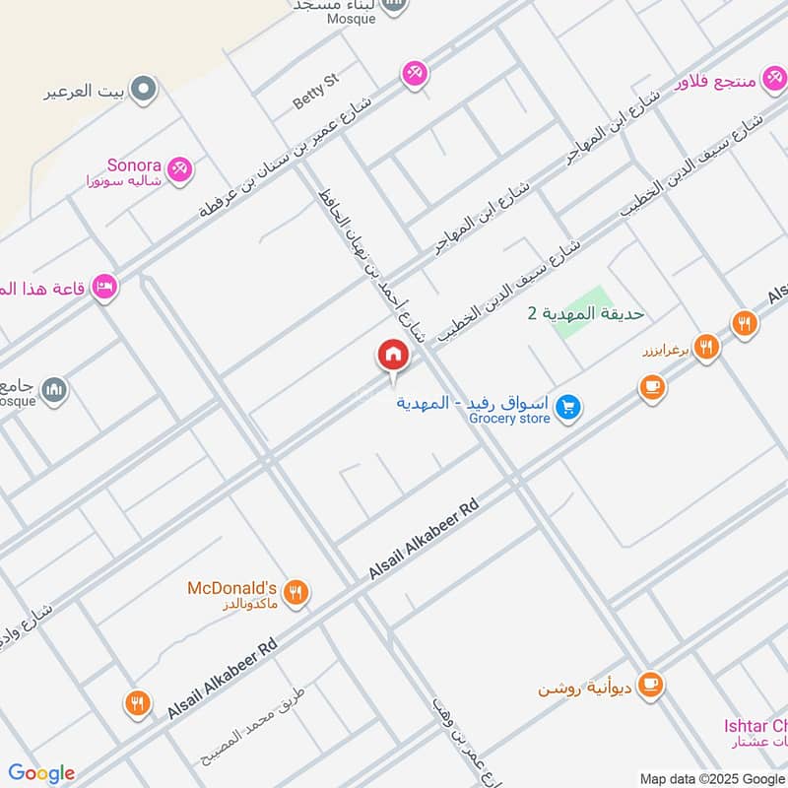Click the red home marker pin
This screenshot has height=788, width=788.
(x=392, y=356)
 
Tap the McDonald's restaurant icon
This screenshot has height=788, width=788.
(x=295, y=592)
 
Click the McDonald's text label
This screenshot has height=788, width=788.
(x=232, y=588)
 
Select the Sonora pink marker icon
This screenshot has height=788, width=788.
(x=179, y=169)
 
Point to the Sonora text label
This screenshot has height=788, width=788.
(x=135, y=164)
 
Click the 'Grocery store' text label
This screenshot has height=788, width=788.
(x=509, y=419)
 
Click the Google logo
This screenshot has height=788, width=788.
(x=41, y=773)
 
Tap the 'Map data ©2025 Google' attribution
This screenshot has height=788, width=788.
(x=711, y=778)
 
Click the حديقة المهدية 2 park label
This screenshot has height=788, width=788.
(x=585, y=313)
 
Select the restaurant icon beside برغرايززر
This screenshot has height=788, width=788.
(x=705, y=346)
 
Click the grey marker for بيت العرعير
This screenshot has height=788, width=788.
(x=145, y=90)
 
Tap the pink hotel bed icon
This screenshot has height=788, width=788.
(x=103, y=288)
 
